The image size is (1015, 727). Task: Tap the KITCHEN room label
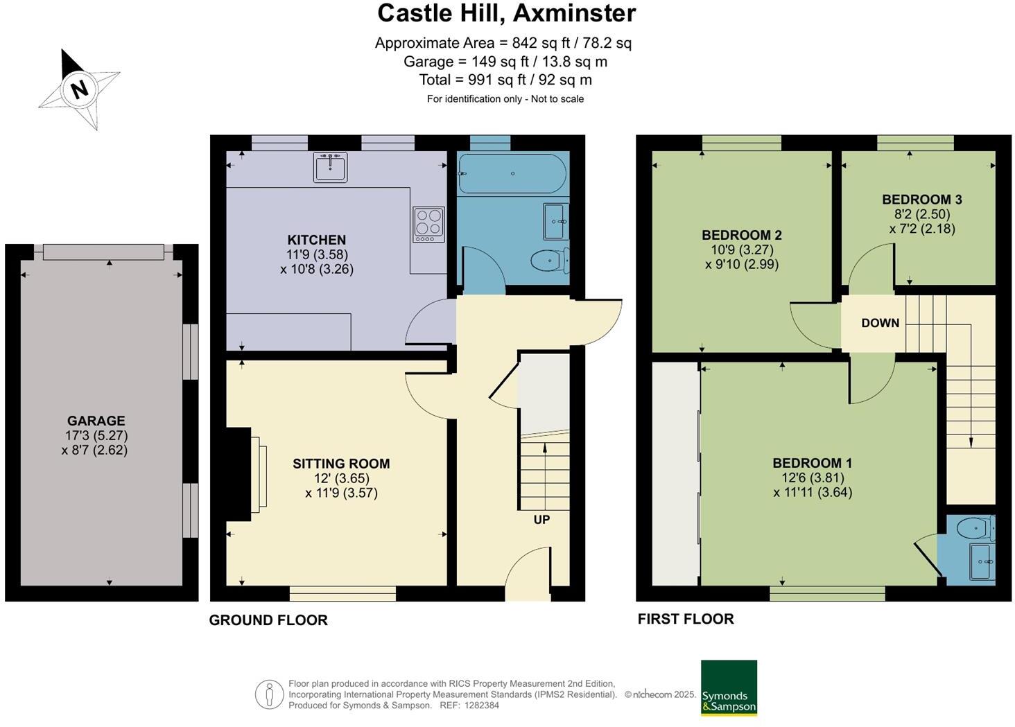[x=317, y=240]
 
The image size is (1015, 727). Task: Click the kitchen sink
[x=330, y=167]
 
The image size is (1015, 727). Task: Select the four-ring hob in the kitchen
[x=428, y=224]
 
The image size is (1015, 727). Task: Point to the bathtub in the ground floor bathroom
[x=512, y=173]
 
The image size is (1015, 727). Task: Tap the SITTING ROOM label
[x=341, y=464]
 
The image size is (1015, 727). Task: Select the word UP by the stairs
[x=541, y=519]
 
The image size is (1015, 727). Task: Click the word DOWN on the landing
[x=880, y=323]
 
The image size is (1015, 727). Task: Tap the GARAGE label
[x=96, y=421]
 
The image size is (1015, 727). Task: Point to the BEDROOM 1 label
[x=813, y=463]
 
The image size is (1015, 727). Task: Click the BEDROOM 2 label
[x=741, y=235]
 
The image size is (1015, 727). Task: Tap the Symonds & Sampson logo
[x=729, y=687]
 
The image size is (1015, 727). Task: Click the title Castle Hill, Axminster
[x=506, y=13]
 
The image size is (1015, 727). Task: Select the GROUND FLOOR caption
[x=268, y=620]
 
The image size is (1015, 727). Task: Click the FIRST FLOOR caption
[x=685, y=619]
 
